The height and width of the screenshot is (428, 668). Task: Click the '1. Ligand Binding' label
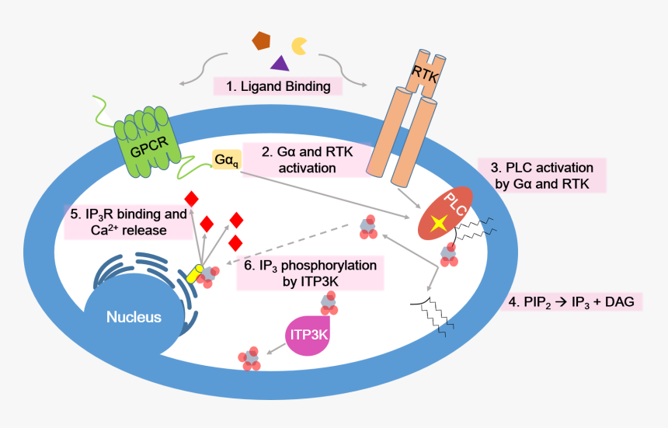click(x=278, y=86)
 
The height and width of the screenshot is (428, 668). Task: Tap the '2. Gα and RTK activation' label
click(x=298, y=160)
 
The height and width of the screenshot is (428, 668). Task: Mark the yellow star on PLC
click(x=439, y=223)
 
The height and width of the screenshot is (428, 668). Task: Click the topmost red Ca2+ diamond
click(x=190, y=199)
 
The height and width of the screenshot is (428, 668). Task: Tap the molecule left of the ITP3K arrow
click(x=250, y=357)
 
